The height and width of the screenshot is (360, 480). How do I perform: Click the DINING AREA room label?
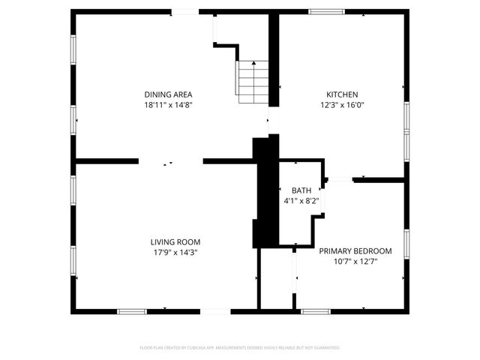(x=169, y=94)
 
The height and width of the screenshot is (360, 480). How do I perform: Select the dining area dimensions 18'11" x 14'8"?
(x=169, y=105)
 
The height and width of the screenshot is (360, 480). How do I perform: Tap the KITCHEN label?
(x=341, y=94)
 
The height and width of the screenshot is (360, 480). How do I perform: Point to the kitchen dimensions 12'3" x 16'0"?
(x=341, y=105)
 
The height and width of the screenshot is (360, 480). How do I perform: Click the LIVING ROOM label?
(x=175, y=242)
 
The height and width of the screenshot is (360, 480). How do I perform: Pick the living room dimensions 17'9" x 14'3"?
(x=175, y=253)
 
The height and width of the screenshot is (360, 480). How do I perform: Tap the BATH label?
(x=296, y=190)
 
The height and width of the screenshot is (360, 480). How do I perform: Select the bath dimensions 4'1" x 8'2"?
(x=296, y=201)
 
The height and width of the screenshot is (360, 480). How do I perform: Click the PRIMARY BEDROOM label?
(x=355, y=250)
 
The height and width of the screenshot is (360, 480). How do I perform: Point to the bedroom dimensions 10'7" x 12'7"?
(x=355, y=261)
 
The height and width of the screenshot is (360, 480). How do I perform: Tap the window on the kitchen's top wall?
(x=322, y=11)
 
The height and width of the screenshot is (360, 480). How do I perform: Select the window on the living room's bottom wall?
(x=131, y=311)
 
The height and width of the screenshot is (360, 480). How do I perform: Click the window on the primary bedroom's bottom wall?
(x=314, y=311)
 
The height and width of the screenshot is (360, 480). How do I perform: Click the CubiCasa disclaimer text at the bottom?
(x=240, y=348)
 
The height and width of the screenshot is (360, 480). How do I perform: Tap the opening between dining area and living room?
(x=170, y=160)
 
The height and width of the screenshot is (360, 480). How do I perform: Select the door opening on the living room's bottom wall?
(x=215, y=311)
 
